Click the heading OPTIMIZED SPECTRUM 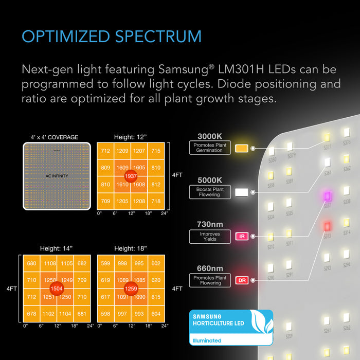pos(111,37)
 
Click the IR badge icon pos(241,237)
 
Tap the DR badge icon pos(241,280)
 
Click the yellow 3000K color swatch pos(241,148)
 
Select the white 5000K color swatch pos(241,192)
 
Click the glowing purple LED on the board pos(326,196)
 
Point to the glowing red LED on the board pos(326,226)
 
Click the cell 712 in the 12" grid pos(105,151)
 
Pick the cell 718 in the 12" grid pos(156,201)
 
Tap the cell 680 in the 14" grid pos(32,264)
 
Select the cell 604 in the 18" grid pos(156,313)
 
